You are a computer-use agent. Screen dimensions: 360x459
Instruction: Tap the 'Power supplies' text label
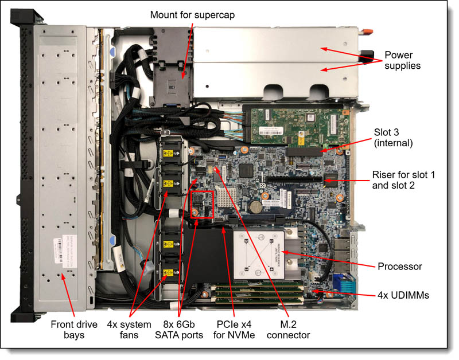(402, 61)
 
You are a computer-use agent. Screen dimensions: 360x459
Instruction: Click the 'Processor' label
(399, 267)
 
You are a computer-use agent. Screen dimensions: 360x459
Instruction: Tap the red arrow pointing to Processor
(327, 259)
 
